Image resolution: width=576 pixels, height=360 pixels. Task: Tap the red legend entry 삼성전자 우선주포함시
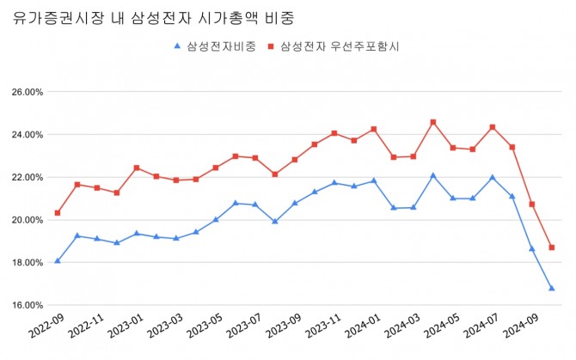[x=339, y=46]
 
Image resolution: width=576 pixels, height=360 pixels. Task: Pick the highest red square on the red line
[x=432, y=122]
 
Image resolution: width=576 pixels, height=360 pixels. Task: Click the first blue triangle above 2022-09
[x=58, y=260]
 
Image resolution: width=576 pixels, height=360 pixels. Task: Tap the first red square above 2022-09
[x=58, y=212]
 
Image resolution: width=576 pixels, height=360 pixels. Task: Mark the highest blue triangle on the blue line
[x=432, y=175]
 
